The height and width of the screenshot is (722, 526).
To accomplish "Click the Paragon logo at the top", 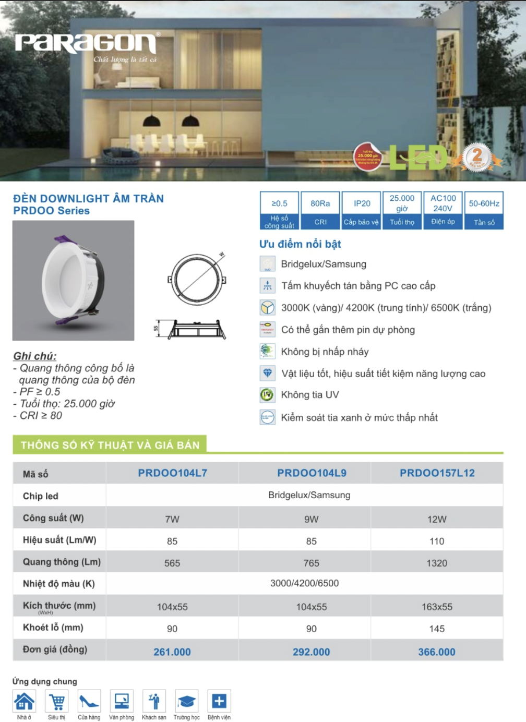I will (x=86, y=44).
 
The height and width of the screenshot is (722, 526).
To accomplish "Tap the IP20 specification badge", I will (x=362, y=210).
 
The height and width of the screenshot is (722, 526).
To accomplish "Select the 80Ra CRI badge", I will (x=320, y=210).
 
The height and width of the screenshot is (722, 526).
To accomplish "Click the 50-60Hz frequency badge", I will (x=484, y=210).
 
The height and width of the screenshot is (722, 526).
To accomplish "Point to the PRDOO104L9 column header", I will (x=312, y=473).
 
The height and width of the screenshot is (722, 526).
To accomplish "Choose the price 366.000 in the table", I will (x=436, y=652).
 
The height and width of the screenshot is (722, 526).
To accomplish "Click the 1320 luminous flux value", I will (x=437, y=563).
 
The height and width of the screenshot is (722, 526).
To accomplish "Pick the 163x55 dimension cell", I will (x=437, y=607).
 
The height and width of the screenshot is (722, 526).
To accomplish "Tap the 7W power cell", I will (x=172, y=520).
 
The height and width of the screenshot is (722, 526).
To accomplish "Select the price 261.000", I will (x=172, y=652).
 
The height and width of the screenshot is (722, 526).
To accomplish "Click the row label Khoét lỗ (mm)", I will (x=53, y=628).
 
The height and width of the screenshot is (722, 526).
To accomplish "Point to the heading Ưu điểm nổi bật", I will (x=300, y=244).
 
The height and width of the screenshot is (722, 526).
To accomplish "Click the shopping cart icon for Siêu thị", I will (x=57, y=701).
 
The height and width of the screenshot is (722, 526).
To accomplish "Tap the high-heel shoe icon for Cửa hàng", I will (x=89, y=701).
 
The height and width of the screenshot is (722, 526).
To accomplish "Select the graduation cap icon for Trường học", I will (x=186, y=701).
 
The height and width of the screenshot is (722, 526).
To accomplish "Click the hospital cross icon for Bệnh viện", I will (x=219, y=701).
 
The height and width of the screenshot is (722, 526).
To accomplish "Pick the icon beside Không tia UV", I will (x=267, y=395).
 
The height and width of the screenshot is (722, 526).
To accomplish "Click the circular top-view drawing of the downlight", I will (x=197, y=280).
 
